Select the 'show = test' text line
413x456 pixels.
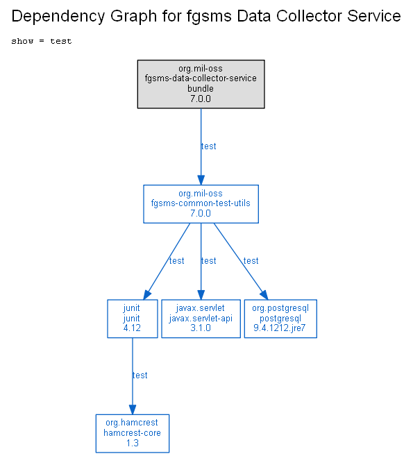[x=42, y=41]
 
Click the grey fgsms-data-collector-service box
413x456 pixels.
[x=201, y=85]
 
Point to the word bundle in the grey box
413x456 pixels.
[x=201, y=88]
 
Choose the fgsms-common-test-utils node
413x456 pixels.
[x=201, y=204]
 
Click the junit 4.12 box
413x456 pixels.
[x=133, y=319]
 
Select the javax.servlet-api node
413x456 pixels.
[x=201, y=319]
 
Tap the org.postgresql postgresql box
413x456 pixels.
[x=280, y=319]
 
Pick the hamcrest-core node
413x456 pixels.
[x=133, y=433]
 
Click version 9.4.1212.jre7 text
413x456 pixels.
[x=280, y=328]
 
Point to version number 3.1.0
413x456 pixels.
[x=201, y=328]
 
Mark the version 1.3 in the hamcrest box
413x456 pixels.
[x=133, y=443]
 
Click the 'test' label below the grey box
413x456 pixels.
[x=208, y=146]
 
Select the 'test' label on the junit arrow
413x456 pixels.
[x=177, y=261]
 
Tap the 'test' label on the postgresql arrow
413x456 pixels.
[x=251, y=261]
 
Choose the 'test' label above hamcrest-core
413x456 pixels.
[x=140, y=375]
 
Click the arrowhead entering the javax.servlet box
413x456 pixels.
[x=201, y=294]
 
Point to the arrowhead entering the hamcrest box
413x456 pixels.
[x=133, y=409]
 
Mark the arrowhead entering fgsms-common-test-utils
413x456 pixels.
[x=201, y=180]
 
